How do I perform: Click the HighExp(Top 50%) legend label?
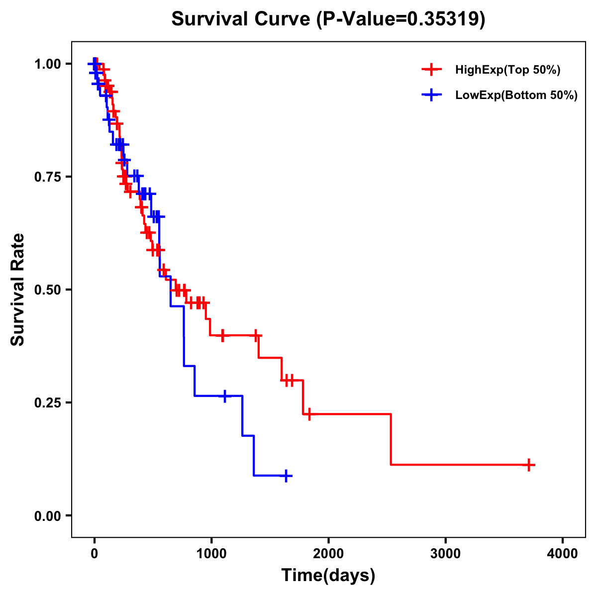pyautogui.click(x=507, y=70)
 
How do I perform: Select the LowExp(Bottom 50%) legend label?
pyautogui.click(x=516, y=96)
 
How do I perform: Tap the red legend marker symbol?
pyautogui.click(x=431, y=70)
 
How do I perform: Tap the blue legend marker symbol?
pyautogui.click(x=431, y=96)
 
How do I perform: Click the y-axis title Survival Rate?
pyautogui.click(x=18, y=289)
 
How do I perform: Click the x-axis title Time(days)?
pyautogui.click(x=328, y=576)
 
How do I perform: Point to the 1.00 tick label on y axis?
pyautogui.click(x=47, y=64)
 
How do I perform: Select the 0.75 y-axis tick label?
pyautogui.click(x=47, y=177)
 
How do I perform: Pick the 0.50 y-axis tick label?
pyautogui.click(x=47, y=290)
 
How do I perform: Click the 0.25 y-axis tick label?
pyautogui.click(x=47, y=402)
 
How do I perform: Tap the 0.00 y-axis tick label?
pyautogui.click(x=47, y=515)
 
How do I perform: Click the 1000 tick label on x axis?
pyautogui.click(x=211, y=553)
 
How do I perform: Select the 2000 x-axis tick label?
pyautogui.click(x=328, y=553)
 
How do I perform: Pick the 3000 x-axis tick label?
pyautogui.click(x=445, y=553)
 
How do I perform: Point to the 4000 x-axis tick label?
pyautogui.click(x=563, y=553)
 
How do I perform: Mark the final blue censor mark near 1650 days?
pyautogui.click(x=286, y=476)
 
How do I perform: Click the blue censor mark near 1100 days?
pyautogui.click(x=225, y=396)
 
